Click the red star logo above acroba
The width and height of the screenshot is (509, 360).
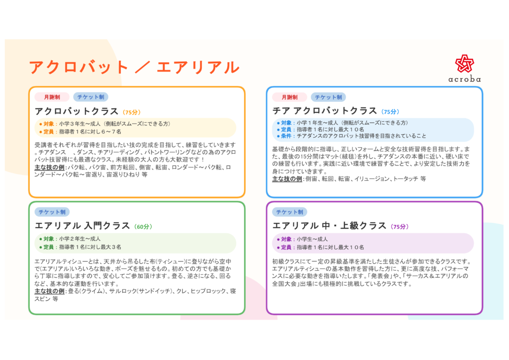[x=465, y=63]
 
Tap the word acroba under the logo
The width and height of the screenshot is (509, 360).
[x=465, y=79]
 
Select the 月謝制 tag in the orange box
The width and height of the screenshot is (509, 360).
[x=52, y=97]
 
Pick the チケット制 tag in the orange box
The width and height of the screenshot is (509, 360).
[x=90, y=97]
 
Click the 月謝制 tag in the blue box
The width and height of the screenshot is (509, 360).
[x=290, y=97]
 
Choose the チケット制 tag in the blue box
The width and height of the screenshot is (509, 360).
[x=328, y=97]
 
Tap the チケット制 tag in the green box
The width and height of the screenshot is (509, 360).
[x=52, y=212]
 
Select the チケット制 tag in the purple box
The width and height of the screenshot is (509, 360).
[x=290, y=212]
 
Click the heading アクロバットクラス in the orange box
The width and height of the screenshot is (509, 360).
[x=77, y=111]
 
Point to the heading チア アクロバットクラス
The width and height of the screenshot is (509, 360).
[x=325, y=111]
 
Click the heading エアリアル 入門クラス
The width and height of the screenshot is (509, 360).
[x=82, y=226]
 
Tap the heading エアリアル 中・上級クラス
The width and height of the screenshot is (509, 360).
[x=329, y=226]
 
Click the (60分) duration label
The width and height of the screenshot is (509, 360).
[x=143, y=227]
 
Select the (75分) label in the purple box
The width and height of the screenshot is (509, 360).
[x=400, y=227]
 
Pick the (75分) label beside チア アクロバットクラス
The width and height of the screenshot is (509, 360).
[x=390, y=112]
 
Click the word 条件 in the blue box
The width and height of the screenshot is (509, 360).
[x=286, y=136]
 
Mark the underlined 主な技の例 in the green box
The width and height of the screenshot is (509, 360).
[x=49, y=291]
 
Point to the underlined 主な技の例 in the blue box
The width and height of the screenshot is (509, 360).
[x=287, y=179]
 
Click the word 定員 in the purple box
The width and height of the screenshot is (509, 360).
[x=286, y=247]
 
